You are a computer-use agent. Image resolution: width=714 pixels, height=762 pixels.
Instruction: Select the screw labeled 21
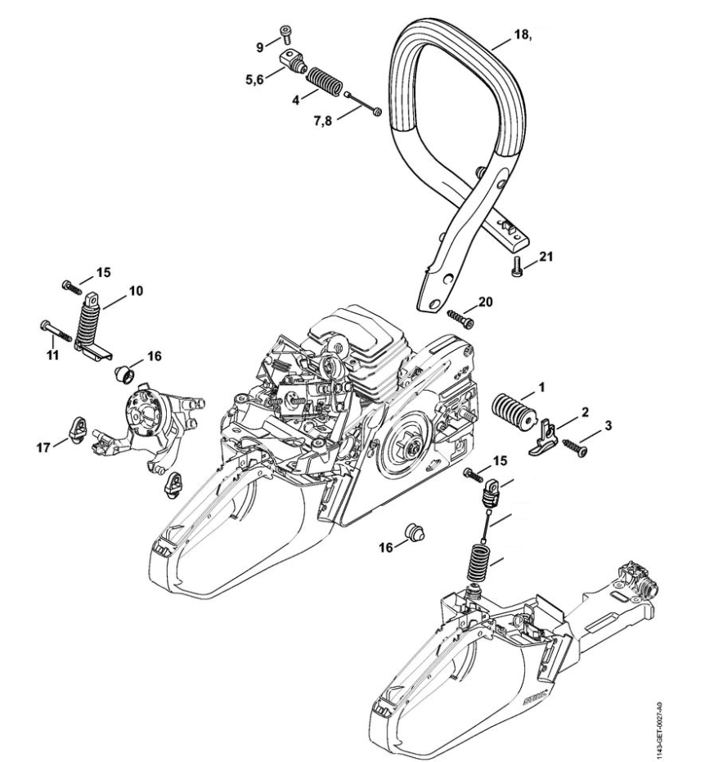pos(516,266)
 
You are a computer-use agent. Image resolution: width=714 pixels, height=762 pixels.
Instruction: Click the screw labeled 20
pos(460,315)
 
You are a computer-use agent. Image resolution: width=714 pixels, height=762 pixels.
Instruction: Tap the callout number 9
pos(260,47)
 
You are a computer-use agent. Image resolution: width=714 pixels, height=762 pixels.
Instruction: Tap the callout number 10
pos(136,289)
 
